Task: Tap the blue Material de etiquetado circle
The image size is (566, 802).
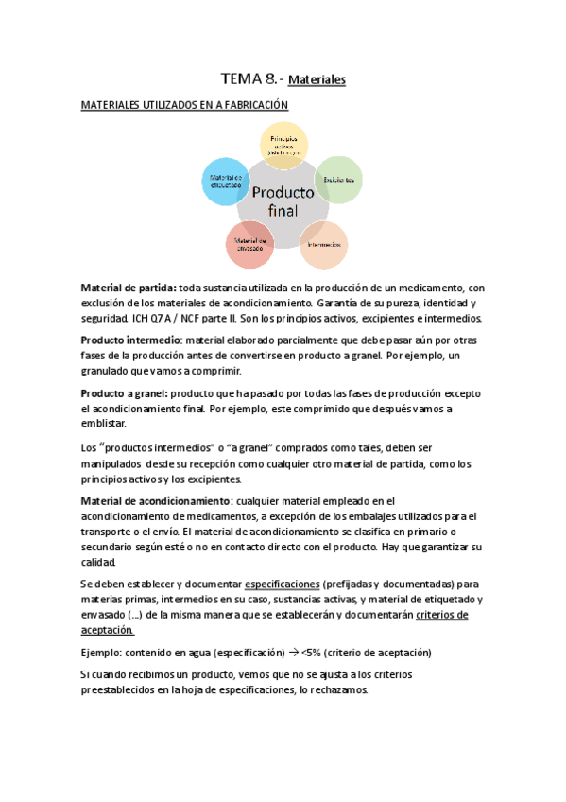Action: (x=226, y=180)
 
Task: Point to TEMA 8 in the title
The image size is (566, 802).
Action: (x=243, y=79)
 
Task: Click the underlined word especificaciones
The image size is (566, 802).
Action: (x=281, y=584)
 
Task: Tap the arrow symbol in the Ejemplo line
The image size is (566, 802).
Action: (x=291, y=652)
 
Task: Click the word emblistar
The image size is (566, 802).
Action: (x=108, y=425)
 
